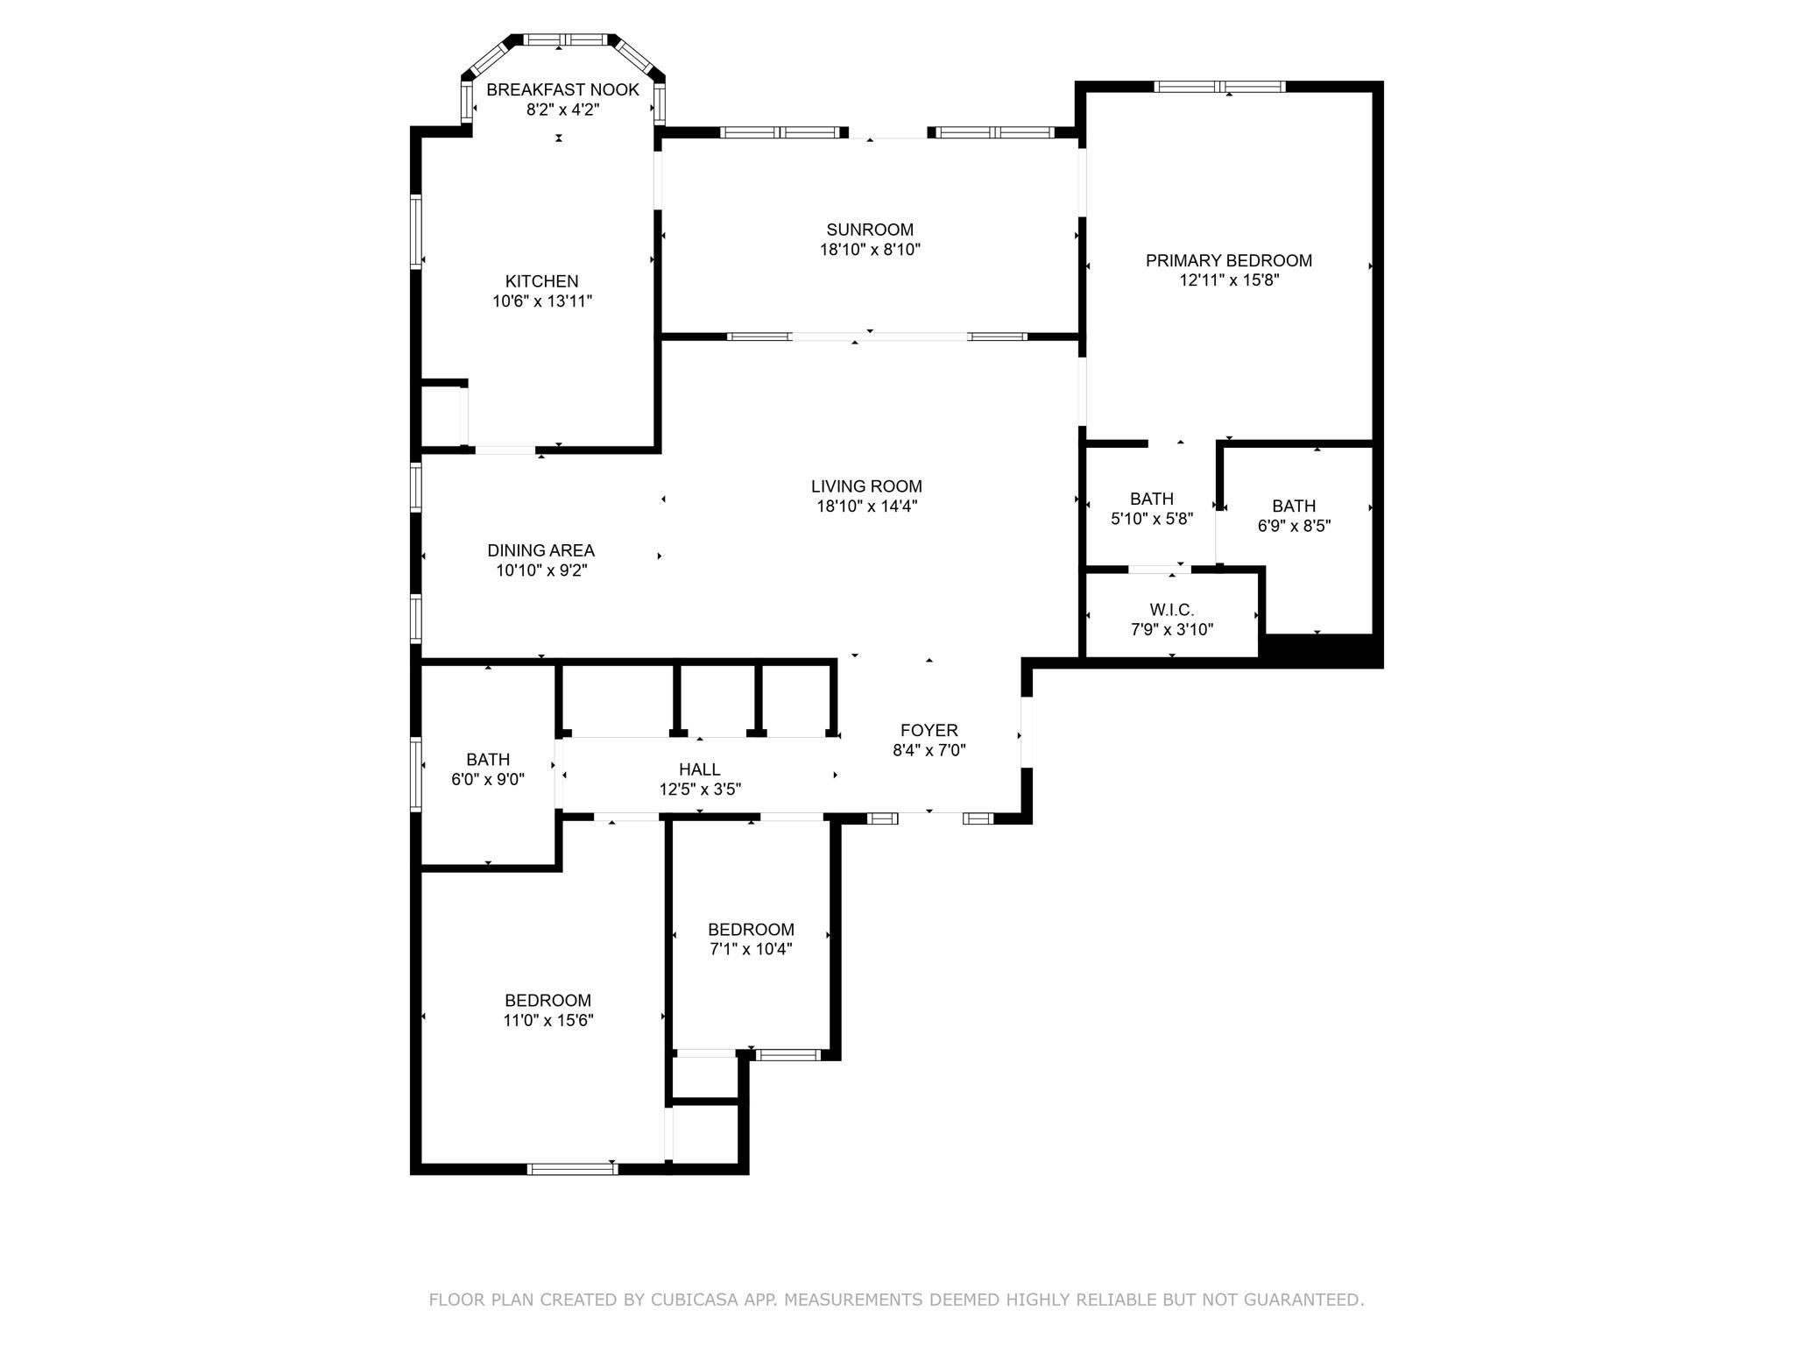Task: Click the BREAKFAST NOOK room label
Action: pyautogui.click(x=562, y=89)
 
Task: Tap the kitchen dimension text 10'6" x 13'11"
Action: pyautogui.click(x=542, y=301)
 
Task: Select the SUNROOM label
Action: pyautogui.click(x=870, y=230)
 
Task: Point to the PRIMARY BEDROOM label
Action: pyautogui.click(x=1229, y=260)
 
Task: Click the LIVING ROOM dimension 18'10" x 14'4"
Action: pyautogui.click(x=867, y=506)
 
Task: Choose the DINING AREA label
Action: pyautogui.click(x=541, y=550)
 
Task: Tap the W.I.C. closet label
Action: pyautogui.click(x=1172, y=610)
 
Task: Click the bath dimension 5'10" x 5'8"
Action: pyautogui.click(x=1152, y=519)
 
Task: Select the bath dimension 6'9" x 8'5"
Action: pyautogui.click(x=1294, y=526)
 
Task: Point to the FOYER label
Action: pyautogui.click(x=929, y=730)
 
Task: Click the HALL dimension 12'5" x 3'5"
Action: pyautogui.click(x=700, y=789)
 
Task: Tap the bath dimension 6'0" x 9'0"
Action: pyautogui.click(x=488, y=779)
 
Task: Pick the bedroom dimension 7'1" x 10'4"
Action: pyautogui.click(x=751, y=948)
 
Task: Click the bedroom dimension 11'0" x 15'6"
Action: pyautogui.click(x=549, y=1020)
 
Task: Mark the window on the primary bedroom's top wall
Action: pyautogui.click(x=1220, y=86)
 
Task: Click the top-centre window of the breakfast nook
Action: pyautogui.click(x=565, y=39)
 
